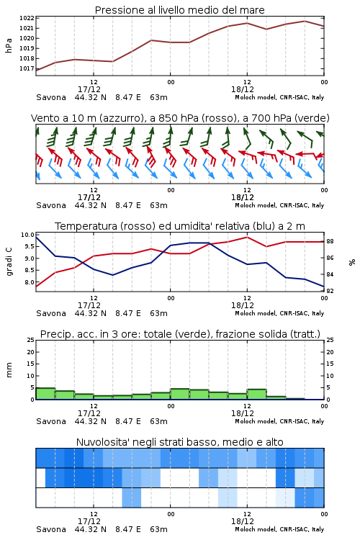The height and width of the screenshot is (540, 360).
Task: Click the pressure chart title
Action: [x=179, y=10]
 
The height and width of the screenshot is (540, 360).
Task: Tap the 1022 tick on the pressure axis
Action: [x=27, y=18]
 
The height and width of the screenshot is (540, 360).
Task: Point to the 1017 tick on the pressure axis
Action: [x=27, y=68]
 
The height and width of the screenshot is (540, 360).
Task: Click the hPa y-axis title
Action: [x=9, y=45]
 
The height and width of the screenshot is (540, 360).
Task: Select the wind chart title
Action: [x=180, y=118]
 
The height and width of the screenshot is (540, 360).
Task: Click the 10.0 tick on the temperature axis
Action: [x=27, y=235]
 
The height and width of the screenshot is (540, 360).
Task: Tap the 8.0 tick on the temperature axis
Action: [x=29, y=282]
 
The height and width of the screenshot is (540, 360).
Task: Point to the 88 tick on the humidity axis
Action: [x=330, y=241]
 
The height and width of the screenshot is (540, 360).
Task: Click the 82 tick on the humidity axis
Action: [x=330, y=291]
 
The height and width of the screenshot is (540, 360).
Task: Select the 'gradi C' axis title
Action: [x=9, y=261]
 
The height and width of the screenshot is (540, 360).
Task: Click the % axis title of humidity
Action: [x=352, y=262]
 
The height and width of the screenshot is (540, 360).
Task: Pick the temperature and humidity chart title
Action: [x=180, y=226]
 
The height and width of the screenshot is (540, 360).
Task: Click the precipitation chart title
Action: [x=180, y=334]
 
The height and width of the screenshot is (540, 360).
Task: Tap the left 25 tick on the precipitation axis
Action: [x=31, y=340]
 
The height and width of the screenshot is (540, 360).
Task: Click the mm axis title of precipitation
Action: [x=9, y=370]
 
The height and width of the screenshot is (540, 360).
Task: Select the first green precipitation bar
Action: [x=45, y=394]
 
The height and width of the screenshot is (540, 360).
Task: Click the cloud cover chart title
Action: [x=179, y=442]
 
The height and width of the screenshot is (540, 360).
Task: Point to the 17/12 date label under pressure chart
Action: [x=89, y=89]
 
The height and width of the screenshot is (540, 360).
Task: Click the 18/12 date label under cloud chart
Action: [x=242, y=521]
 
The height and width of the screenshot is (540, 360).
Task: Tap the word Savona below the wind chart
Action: [x=51, y=206]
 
